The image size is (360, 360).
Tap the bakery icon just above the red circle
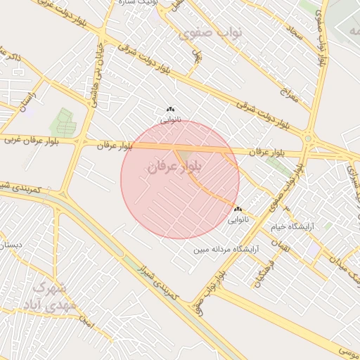[x=169, y=109]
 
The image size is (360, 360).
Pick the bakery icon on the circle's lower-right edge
[x=238, y=209]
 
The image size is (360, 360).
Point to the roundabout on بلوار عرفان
[x=308, y=139]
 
